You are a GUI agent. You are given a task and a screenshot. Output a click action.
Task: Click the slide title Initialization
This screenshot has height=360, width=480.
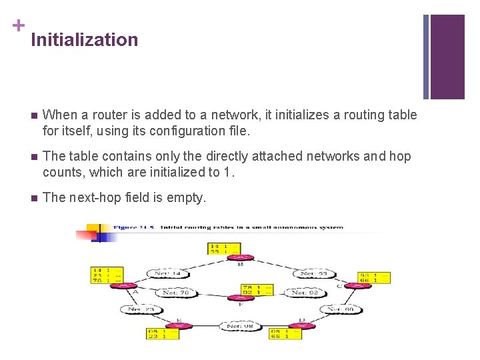point(84,40)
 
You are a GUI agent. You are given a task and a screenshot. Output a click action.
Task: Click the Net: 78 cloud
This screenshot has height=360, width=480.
point(175,292)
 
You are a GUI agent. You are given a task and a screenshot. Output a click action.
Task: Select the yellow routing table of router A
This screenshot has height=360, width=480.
point(107,275)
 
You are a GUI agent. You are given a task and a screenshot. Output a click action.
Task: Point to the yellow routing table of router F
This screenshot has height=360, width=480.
point(257,289)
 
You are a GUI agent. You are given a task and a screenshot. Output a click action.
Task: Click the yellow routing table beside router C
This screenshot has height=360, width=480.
point(373,277)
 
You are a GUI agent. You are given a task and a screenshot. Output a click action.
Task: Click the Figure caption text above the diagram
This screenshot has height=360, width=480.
point(228,227)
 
